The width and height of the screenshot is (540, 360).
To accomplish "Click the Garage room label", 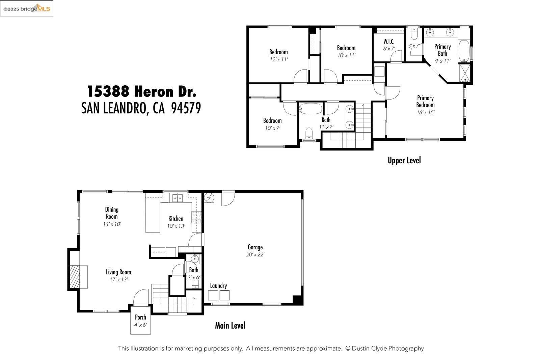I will click(x=255, y=247).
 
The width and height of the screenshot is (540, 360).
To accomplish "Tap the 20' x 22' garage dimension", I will click(x=255, y=255).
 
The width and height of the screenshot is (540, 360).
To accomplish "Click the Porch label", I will click(x=140, y=317).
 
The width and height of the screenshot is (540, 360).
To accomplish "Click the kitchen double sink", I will click(x=178, y=198).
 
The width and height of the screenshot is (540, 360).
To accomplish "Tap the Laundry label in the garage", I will click(x=218, y=286).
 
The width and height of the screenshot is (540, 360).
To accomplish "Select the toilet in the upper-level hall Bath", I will click(x=309, y=133).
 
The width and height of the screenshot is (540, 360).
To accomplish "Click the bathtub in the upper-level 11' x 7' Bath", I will click(x=310, y=109).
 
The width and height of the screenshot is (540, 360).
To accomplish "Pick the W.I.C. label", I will click(x=389, y=41).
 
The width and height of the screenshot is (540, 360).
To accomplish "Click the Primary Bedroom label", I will click(x=425, y=101).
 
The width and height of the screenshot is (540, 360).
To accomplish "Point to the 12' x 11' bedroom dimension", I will click(x=278, y=59).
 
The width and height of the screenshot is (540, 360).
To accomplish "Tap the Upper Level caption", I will click(x=404, y=161).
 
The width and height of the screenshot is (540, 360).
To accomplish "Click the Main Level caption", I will click(x=230, y=326).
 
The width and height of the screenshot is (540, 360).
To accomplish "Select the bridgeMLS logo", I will click(x=27, y=8).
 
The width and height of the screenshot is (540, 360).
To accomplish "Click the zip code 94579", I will click(x=186, y=108).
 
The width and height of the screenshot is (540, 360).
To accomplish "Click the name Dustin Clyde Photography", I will click(x=387, y=349).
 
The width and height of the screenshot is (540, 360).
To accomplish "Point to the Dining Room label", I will click(x=112, y=213).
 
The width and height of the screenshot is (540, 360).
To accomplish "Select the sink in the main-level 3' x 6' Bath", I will click(x=195, y=259).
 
